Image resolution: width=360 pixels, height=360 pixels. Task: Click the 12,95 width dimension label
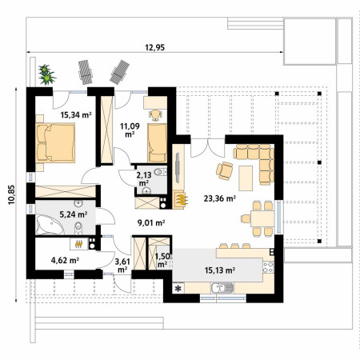click(154, 47)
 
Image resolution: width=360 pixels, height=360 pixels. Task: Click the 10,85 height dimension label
click(11, 194)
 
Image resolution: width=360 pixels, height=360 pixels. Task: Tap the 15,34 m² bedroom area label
click(76, 115)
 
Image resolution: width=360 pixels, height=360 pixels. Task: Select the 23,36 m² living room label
click(220, 198)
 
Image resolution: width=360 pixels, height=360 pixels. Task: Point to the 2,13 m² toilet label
click(144, 179)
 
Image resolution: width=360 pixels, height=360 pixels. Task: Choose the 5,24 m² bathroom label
click(74, 214)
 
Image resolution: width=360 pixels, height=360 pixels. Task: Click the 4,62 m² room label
click(65, 260)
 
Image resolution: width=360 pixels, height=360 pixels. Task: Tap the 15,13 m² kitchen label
click(220, 270)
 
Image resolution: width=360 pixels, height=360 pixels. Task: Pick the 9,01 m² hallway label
click(151, 222)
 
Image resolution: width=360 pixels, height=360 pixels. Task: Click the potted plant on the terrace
click(46, 74)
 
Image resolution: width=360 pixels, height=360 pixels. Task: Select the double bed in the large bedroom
click(55, 143)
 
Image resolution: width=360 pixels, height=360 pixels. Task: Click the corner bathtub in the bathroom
click(50, 226)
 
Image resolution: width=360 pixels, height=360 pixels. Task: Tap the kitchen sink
click(222, 288)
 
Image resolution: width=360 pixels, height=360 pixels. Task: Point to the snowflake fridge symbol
click(178, 288)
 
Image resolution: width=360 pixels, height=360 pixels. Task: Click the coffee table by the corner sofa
click(246, 178)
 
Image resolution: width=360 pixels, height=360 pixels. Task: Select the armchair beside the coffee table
click(225, 171)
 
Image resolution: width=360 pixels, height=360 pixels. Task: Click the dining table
click(262, 218)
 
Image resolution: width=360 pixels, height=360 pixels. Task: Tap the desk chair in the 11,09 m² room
click(155, 115)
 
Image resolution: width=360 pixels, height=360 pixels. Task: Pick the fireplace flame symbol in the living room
click(181, 199)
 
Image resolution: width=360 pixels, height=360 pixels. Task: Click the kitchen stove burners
click(268, 267)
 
